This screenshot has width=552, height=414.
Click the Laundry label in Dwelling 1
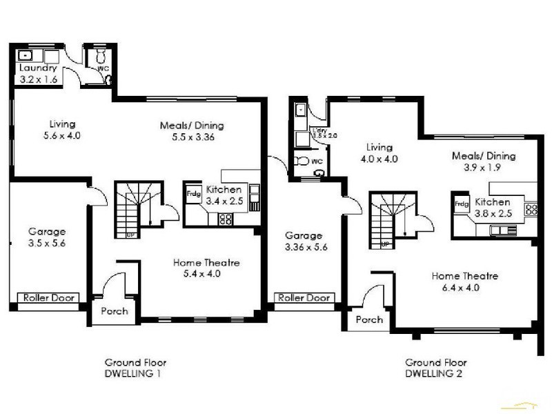tap(37, 68)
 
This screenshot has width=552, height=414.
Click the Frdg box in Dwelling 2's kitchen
tap(460, 204)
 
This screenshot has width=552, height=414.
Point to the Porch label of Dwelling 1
tap(114, 311)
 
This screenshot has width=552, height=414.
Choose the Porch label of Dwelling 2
tap(369, 320)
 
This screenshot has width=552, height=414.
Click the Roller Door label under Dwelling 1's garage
tap(51, 298)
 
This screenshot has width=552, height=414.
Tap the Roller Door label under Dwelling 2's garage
tap(304, 298)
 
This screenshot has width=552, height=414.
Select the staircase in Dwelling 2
tap(393, 220)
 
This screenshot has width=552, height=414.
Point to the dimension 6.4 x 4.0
tap(465, 288)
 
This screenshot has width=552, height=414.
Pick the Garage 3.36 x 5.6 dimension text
tap(304, 246)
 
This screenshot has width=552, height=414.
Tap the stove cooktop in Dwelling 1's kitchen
tap(226, 219)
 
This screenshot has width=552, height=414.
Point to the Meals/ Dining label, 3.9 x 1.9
tap(483, 168)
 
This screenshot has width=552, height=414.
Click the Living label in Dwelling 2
tap(379, 148)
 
